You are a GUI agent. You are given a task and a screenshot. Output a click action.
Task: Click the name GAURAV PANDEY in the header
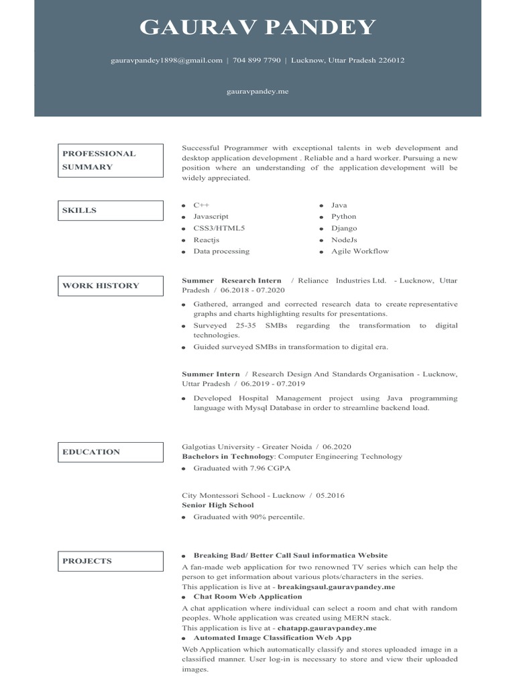257,28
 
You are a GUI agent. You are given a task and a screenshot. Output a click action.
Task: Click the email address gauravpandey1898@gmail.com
166,60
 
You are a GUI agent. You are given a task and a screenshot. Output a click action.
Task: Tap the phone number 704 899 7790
257,60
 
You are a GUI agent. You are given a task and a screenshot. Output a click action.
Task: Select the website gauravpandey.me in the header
257,91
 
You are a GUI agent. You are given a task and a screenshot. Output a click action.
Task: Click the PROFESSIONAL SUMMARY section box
110,160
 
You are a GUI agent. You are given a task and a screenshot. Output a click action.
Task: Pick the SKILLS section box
110,211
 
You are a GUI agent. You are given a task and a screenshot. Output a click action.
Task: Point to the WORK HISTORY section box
110,286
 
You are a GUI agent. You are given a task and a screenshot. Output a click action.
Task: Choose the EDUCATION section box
110,452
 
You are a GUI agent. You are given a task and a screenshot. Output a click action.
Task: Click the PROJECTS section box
110,562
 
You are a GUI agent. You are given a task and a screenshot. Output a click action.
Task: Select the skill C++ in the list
201,205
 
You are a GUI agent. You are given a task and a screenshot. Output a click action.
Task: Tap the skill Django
344,228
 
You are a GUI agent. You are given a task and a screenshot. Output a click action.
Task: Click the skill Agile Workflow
359,251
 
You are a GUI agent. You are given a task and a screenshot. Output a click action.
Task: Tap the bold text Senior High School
218,505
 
